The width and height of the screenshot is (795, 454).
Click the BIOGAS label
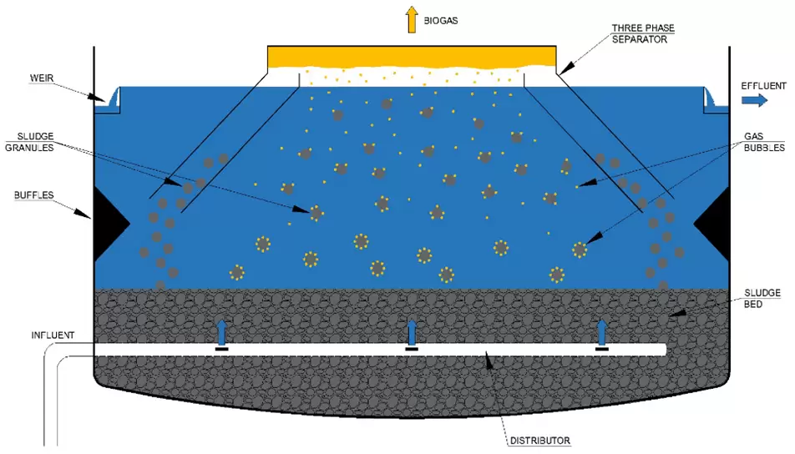[x=441, y=21]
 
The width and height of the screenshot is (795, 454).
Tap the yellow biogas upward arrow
[x=412, y=20]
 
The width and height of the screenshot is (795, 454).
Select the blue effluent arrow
[x=754, y=100]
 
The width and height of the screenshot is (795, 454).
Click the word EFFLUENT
[x=763, y=86]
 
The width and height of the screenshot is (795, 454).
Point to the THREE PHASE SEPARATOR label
[x=642, y=33]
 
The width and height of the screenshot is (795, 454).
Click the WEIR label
[x=42, y=78]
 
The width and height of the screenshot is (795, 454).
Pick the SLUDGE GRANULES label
[x=29, y=142]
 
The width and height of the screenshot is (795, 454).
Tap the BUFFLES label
[x=33, y=195]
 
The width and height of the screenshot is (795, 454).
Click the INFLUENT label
[x=53, y=335]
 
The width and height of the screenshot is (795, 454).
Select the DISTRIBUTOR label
[x=540, y=441]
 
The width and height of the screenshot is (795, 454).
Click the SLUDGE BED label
[x=762, y=299]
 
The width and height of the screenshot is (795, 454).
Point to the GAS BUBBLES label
[x=764, y=142]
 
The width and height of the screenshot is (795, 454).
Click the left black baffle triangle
[x=110, y=224]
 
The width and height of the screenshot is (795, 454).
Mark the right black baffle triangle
[x=713, y=224]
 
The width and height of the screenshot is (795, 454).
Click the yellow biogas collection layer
[x=412, y=57]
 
